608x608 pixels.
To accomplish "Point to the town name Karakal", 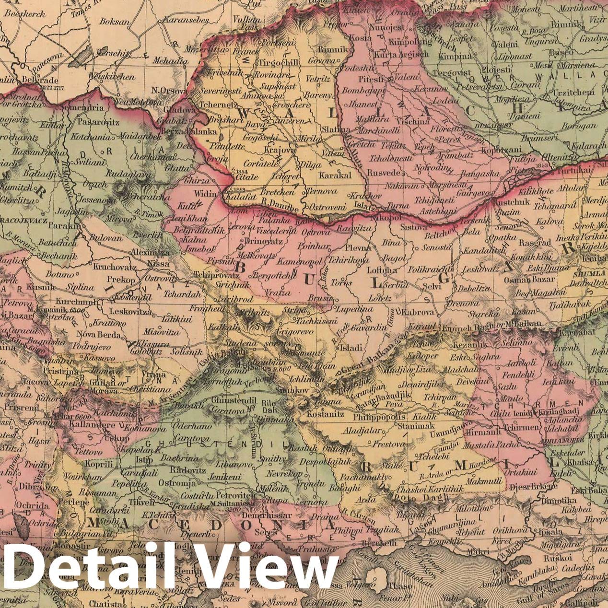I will point(335,175).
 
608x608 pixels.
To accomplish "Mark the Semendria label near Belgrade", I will point(86,108).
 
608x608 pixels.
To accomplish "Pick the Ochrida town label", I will point(32,505).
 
